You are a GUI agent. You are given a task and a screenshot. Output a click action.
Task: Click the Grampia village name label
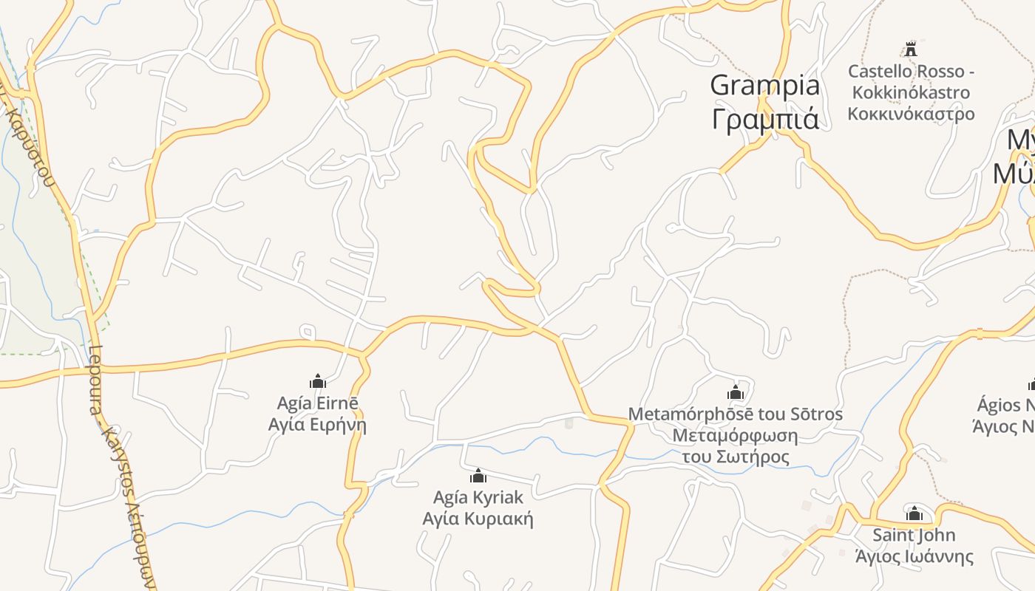click(764, 86)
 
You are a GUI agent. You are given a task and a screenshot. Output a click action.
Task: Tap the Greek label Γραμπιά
click(764, 118)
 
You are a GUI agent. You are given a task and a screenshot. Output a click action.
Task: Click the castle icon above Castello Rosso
click(911, 50)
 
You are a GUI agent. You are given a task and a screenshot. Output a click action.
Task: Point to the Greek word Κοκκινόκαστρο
click(911, 114)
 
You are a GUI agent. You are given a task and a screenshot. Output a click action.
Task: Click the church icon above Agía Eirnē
click(318, 381)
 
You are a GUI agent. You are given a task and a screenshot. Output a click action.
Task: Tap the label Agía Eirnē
click(317, 403)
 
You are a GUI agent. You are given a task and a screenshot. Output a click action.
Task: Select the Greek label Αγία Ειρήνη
click(317, 425)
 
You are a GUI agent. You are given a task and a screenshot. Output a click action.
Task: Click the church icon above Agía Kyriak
click(478, 476)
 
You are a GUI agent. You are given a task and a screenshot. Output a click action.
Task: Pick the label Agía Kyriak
click(478, 497)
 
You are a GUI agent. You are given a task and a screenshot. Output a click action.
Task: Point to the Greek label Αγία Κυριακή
click(478, 519)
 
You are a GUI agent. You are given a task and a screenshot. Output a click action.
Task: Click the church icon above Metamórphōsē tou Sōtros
click(736, 392)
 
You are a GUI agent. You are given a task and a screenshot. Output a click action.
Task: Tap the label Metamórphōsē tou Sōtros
click(735, 414)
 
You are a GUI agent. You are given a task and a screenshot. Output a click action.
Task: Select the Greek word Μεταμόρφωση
click(735, 435)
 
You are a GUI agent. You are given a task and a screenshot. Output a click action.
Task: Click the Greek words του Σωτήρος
click(735, 457)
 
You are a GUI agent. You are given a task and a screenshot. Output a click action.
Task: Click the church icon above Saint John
click(914, 513)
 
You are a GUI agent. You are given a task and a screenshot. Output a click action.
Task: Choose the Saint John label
click(914, 535)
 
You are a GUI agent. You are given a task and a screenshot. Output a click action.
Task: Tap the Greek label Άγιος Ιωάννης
click(914, 556)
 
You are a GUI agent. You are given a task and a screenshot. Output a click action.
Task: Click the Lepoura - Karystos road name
click(122, 465)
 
